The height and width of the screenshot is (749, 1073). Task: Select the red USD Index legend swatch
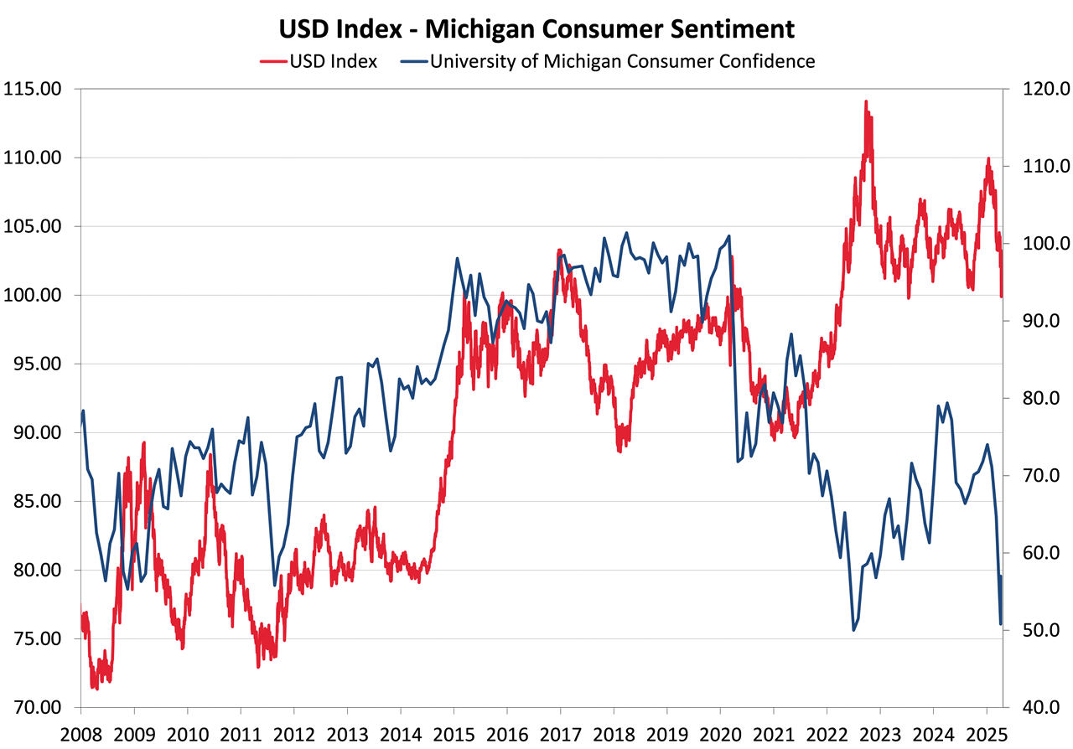point(273,61)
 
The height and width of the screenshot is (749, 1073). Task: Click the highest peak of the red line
point(866,102)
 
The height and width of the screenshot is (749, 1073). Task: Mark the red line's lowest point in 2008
point(95,688)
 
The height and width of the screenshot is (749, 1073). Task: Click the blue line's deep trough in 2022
point(854,630)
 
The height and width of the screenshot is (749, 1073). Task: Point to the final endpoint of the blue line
point(1001,623)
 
